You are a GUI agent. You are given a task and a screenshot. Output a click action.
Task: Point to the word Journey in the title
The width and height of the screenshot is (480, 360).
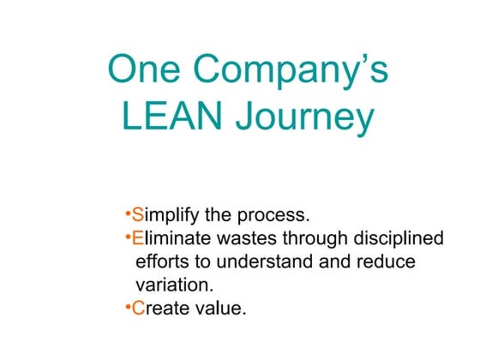click(309, 118)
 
